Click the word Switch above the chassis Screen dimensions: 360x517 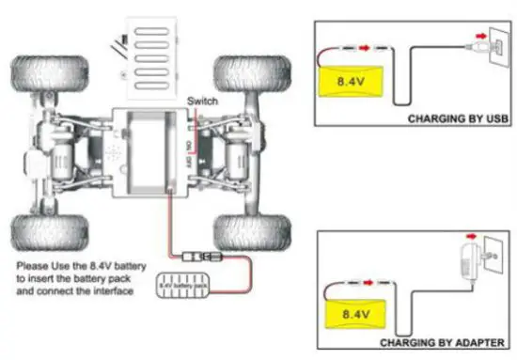203,101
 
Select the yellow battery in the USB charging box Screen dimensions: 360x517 353,83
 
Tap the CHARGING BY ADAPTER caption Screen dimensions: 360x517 454,342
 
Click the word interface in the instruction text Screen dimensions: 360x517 117,293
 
